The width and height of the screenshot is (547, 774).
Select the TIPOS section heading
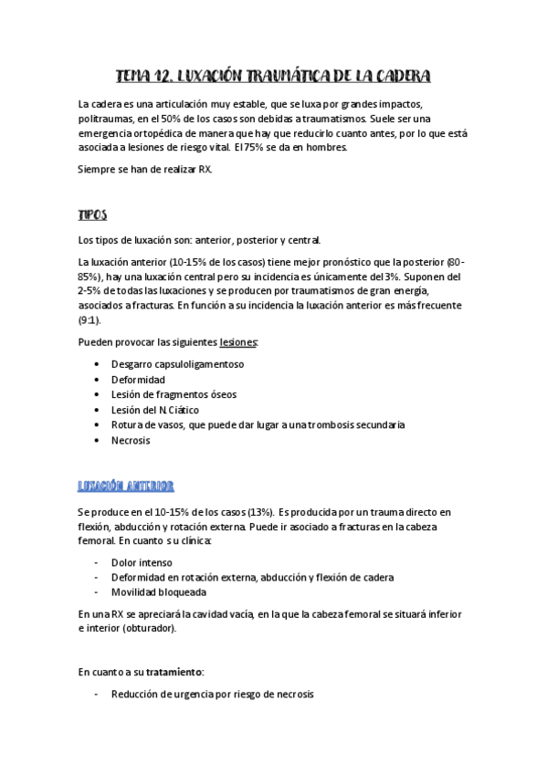click(92, 215)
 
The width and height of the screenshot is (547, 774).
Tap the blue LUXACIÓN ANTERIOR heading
click(126, 486)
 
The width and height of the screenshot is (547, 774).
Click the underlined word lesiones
click(239, 341)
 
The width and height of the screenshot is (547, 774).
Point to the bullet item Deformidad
click(138, 379)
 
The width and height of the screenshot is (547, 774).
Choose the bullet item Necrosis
click(131, 440)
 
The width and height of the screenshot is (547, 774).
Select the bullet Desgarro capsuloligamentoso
click(177, 363)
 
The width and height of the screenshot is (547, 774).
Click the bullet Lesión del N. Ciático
click(154, 410)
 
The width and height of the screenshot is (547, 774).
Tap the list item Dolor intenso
click(142, 562)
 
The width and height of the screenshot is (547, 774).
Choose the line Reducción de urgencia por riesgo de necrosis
click(212, 695)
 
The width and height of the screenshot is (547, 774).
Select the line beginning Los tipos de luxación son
click(199, 241)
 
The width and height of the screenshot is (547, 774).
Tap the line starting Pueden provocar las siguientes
click(168, 341)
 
